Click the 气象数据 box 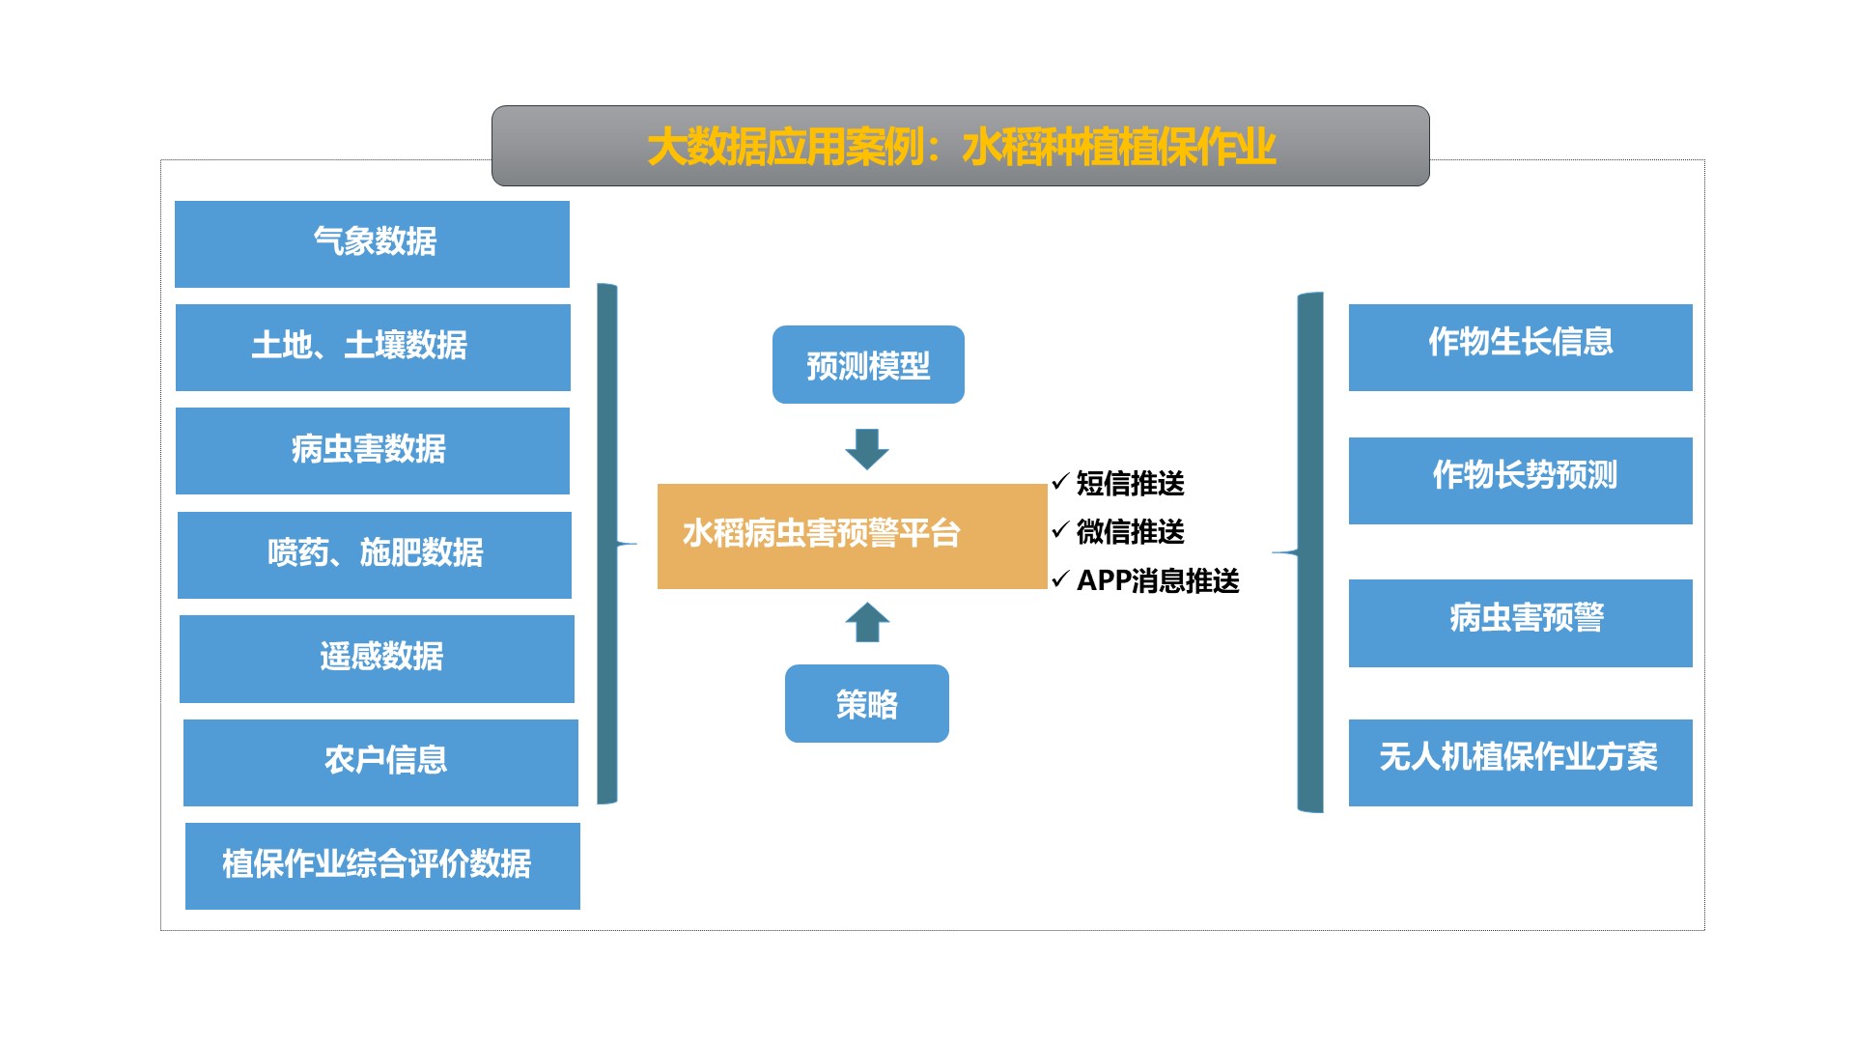click(372, 243)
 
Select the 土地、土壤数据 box click(373, 347)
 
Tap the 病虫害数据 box click(373, 450)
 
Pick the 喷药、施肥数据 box click(375, 554)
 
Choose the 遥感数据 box click(377, 658)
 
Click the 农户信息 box click(380, 762)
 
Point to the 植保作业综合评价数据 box click(382, 865)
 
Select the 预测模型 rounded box click(868, 365)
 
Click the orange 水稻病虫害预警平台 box click(851, 536)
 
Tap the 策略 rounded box click(866, 703)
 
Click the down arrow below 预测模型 click(866, 448)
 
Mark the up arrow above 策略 click(866, 623)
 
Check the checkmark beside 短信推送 click(1060, 481)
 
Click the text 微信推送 click(1130, 531)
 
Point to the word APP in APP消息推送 click(1103, 580)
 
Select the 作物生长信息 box click(1520, 347)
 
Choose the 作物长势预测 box click(1520, 480)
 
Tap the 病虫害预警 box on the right click(1520, 622)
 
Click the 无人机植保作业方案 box click(1520, 762)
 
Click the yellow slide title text click(961, 147)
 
